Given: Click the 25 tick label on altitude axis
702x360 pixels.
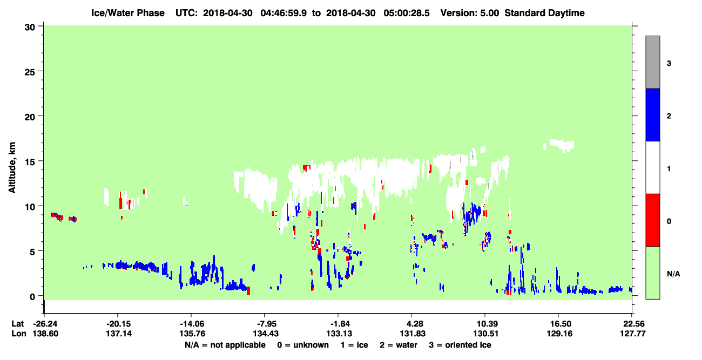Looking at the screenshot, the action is [30, 72].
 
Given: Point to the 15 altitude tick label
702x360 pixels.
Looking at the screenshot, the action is [30, 162].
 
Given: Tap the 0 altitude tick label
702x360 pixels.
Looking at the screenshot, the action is [32, 297].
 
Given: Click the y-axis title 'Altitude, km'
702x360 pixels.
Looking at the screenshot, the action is [12, 168].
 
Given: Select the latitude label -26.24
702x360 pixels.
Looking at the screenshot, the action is [45, 324].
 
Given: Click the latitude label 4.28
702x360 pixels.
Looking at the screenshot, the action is [413, 324].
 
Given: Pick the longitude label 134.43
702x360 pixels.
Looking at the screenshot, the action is [266, 334].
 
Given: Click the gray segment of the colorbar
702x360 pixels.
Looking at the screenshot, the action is [653, 62].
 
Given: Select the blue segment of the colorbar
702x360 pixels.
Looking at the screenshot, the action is [653, 114].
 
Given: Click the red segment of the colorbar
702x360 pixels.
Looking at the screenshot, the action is [653, 220].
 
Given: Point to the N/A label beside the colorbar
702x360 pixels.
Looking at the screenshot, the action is [673, 274].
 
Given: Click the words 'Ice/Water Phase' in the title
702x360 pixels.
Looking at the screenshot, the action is [128, 13].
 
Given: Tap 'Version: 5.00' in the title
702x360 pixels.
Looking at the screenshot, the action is [470, 13].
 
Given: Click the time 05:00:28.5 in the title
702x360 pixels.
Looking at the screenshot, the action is [407, 13].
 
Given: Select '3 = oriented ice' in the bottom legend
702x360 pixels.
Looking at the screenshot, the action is [460, 345].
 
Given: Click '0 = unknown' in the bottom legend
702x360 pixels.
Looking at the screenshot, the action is [303, 345].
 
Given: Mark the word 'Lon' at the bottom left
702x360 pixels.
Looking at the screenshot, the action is [19, 334].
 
